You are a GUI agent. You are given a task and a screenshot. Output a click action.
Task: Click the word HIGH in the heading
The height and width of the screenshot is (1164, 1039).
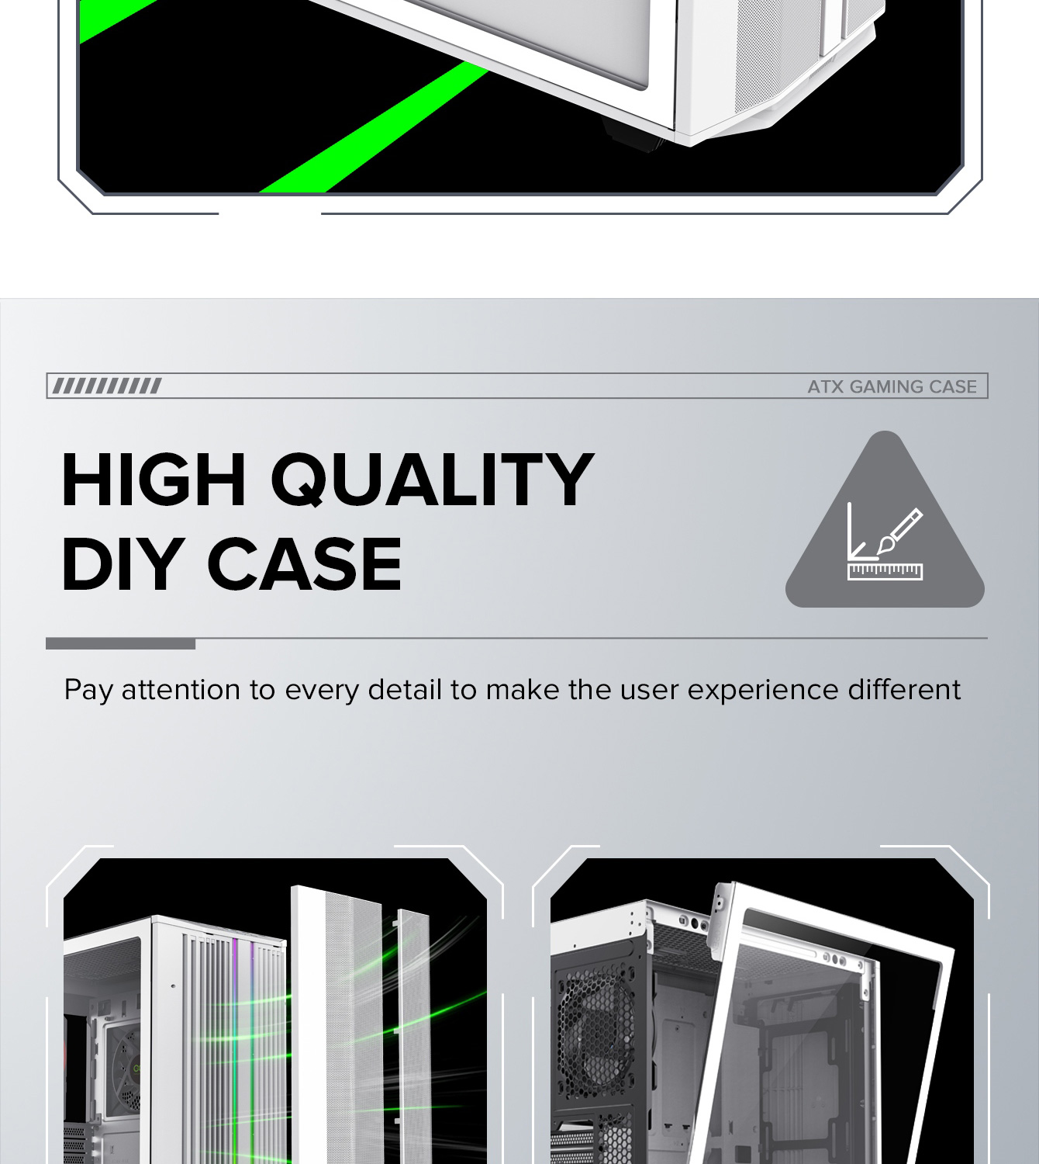[154, 480]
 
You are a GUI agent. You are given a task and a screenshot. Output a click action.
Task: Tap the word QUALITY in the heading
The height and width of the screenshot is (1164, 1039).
[432, 480]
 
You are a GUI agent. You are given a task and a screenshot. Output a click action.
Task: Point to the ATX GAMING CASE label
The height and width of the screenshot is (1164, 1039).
[892, 386]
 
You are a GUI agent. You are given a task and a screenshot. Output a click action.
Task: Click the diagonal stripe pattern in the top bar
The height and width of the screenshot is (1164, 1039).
[107, 386]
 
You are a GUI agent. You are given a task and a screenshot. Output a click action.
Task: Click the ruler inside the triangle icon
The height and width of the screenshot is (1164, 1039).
[885, 572]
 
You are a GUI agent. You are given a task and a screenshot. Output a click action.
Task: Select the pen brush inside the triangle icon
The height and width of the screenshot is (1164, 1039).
[899, 532]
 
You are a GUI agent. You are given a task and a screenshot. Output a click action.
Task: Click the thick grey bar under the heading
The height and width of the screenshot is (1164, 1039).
[120, 644]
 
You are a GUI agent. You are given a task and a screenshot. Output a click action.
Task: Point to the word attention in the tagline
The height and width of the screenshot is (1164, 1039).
[181, 689]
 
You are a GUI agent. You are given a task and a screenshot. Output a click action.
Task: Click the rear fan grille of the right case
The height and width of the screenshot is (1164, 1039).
[597, 1015]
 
